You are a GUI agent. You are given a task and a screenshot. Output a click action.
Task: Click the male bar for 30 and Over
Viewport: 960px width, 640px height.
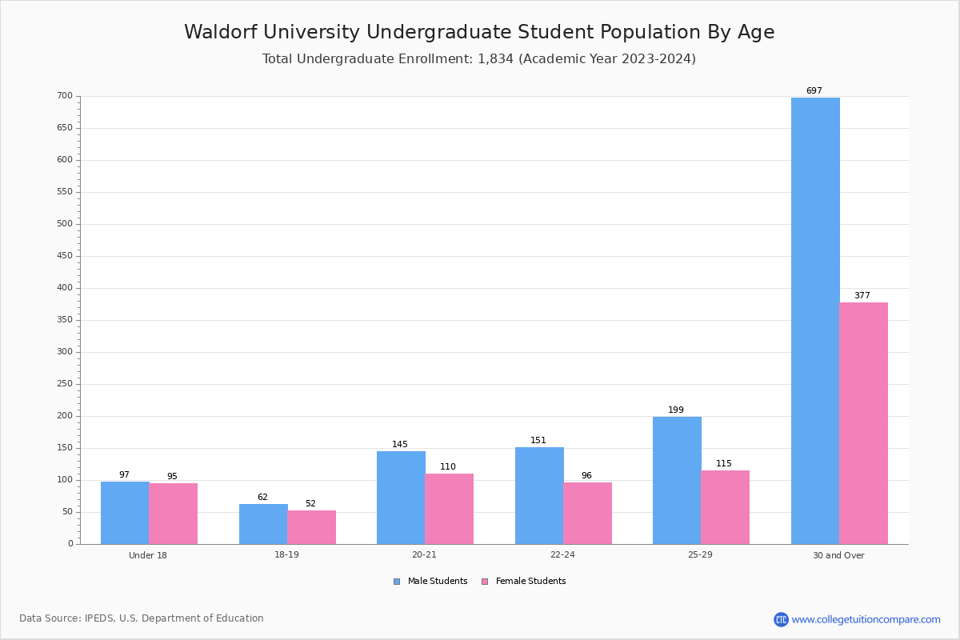(815, 321)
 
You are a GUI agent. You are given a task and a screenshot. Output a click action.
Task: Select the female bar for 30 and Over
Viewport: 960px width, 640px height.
(863, 423)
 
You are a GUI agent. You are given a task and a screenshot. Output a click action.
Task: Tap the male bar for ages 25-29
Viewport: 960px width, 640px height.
(677, 481)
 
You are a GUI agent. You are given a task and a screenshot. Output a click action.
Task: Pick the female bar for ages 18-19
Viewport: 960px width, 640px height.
(311, 528)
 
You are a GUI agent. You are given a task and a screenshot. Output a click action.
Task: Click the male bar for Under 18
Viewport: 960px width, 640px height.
(125, 513)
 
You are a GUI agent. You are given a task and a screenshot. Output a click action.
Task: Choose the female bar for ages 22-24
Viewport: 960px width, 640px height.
(587, 514)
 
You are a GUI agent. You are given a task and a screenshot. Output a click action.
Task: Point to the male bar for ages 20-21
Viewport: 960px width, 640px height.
(401, 498)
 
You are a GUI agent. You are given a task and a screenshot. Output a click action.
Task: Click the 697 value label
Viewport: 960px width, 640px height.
(814, 90)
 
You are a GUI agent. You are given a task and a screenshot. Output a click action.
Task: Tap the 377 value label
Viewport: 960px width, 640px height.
(862, 295)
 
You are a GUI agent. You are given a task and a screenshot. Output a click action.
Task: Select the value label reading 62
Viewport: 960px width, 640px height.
(262, 497)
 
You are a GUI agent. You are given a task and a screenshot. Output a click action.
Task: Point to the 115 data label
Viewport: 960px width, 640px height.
(724, 463)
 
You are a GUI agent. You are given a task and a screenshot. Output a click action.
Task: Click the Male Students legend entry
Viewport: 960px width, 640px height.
(430, 582)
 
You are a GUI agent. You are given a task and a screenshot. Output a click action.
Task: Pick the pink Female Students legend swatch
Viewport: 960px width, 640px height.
(485, 582)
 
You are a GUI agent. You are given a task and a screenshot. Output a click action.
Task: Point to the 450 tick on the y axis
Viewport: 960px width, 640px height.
(65, 256)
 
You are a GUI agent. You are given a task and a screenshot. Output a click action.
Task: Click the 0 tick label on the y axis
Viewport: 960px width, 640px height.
(70, 543)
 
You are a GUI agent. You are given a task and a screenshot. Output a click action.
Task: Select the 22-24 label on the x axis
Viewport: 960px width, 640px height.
(562, 554)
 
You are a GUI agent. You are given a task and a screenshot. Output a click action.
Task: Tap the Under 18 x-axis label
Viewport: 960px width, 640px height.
(148, 555)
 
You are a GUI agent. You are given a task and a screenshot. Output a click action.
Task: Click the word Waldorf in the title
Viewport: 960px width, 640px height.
(221, 32)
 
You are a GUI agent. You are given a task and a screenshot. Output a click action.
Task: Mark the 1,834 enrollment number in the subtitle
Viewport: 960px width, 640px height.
(495, 58)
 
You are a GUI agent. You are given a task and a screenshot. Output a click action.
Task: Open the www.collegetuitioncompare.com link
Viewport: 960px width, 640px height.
(866, 619)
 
